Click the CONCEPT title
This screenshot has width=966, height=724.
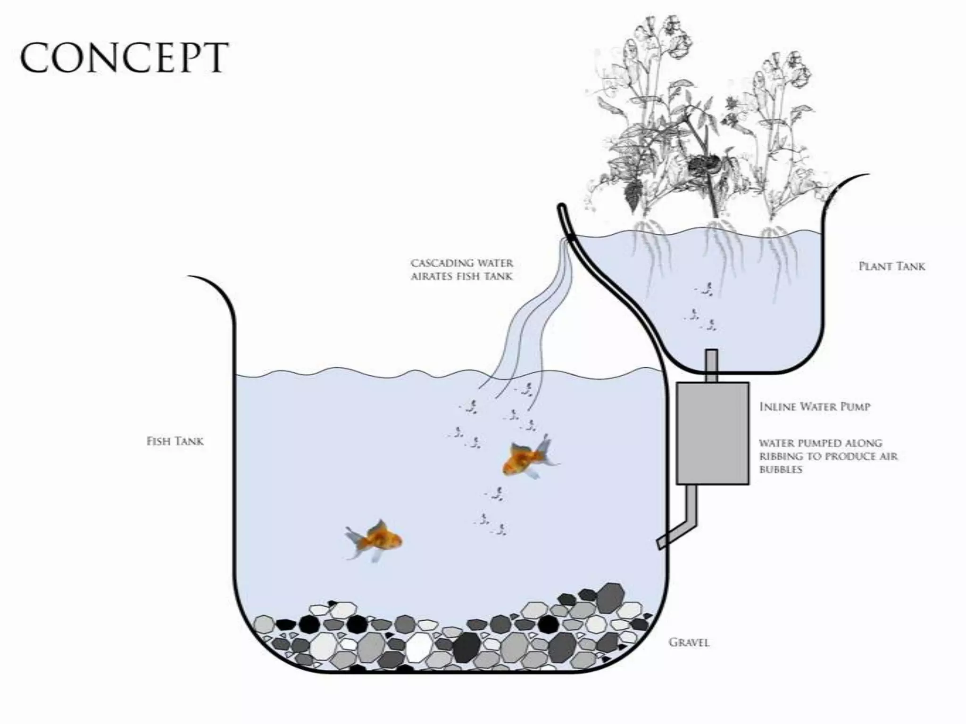[x=124, y=58]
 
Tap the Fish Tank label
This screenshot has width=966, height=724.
[x=175, y=441]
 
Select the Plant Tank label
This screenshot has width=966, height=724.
[x=891, y=266]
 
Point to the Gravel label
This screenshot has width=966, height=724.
[x=689, y=642]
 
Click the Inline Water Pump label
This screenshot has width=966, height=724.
[x=815, y=406]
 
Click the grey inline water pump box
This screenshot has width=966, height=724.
[x=712, y=433]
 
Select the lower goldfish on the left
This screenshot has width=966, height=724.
[x=377, y=540]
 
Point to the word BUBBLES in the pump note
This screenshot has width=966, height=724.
[x=780, y=469]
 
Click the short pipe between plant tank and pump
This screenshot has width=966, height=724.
[x=712, y=365]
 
